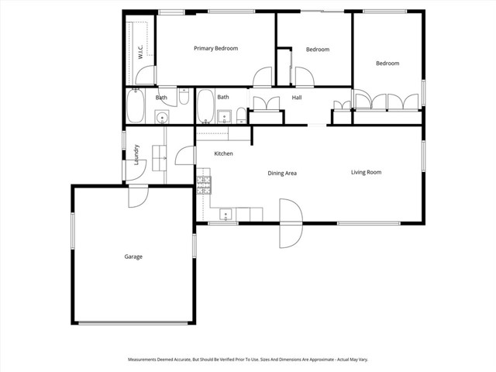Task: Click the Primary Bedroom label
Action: coord(215,48)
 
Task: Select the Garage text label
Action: coord(133,257)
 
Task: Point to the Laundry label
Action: coord(136,155)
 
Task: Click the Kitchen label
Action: coord(223,154)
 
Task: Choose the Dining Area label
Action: coord(282,173)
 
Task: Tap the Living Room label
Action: coord(366,172)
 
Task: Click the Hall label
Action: coord(296,98)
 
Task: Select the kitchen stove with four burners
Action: coord(204,184)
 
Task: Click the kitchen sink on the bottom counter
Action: coord(227,213)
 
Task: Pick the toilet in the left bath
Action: coord(184,97)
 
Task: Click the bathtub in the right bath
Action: coord(205,106)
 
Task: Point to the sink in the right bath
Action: coord(225,118)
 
